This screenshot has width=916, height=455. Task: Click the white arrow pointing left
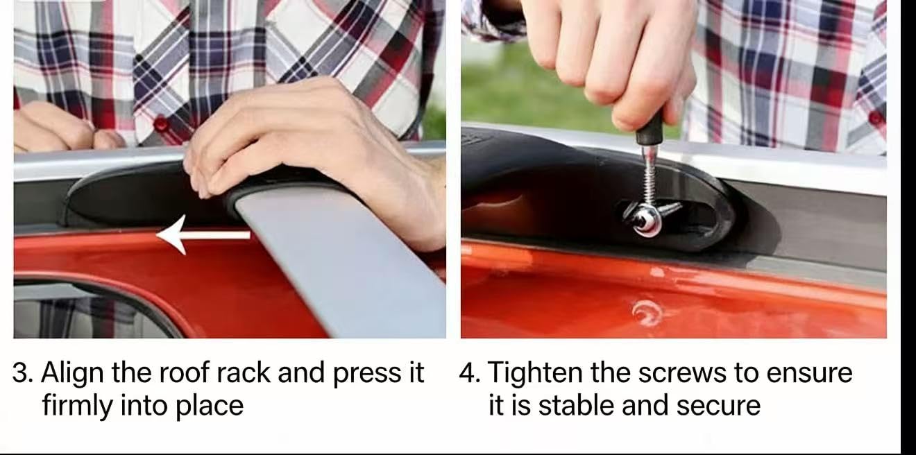[x=203, y=234]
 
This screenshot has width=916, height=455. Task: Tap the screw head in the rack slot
[x=646, y=221]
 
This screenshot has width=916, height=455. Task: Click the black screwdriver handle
[x=650, y=129]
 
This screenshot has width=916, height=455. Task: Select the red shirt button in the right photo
[x=875, y=118]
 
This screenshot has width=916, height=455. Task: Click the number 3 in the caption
[x=20, y=372]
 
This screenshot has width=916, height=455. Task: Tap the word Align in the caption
[x=73, y=373]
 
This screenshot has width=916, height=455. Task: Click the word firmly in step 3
[x=78, y=406]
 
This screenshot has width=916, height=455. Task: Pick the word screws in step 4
[x=684, y=373]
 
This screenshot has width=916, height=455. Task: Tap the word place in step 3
[x=210, y=406]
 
